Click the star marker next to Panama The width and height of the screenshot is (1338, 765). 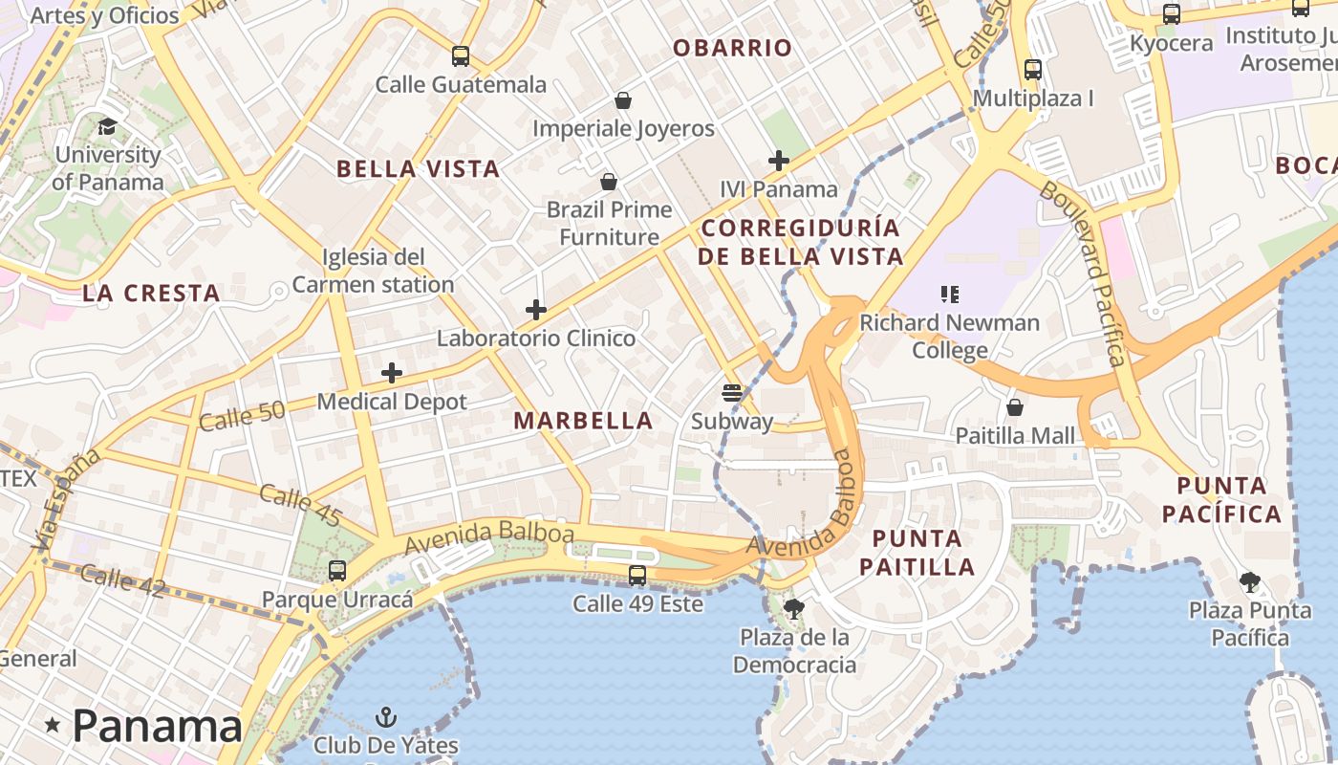click(53, 727)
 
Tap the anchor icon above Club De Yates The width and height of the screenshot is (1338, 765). click(386, 717)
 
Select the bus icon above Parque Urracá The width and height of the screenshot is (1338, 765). click(337, 571)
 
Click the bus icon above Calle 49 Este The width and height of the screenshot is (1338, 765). click(637, 576)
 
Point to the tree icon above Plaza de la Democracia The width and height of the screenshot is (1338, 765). click(793, 608)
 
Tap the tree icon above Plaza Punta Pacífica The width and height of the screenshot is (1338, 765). click(1249, 581)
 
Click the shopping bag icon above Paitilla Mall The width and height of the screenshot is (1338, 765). click(1015, 407)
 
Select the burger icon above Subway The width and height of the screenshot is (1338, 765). click(732, 392)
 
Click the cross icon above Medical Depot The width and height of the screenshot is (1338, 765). click(392, 373)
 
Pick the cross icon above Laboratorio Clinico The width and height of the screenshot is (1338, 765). click(536, 310)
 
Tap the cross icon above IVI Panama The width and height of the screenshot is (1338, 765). click(779, 161)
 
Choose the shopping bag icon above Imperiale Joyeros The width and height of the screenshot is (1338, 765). click(623, 100)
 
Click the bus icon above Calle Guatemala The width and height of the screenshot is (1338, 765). click(461, 56)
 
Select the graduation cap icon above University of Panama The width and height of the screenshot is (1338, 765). click(107, 126)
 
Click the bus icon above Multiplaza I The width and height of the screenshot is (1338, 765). click(1032, 70)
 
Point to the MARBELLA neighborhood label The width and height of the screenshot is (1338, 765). click(583, 421)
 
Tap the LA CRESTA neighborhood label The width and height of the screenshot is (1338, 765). click(151, 294)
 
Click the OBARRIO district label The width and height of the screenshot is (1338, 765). click(732, 48)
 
